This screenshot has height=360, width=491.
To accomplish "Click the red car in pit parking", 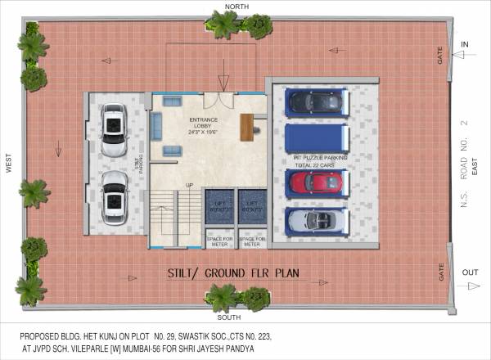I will (x=314, y=182).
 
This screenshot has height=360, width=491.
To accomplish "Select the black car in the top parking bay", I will (x=314, y=101).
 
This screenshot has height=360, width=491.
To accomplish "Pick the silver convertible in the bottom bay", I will (x=314, y=221).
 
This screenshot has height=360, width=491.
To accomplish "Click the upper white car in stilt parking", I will (x=114, y=132).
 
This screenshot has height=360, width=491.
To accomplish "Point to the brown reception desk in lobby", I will (x=245, y=127).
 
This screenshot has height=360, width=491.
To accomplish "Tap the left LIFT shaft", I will (x=219, y=206).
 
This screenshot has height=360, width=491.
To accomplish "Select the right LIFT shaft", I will (x=250, y=206).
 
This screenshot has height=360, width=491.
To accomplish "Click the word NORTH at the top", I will (x=236, y=7).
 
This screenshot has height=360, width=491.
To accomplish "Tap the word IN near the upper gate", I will (x=465, y=43).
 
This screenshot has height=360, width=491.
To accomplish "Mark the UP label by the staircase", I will (x=189, y=185).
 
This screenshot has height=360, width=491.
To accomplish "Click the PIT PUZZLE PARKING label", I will (x=321, y=157).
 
